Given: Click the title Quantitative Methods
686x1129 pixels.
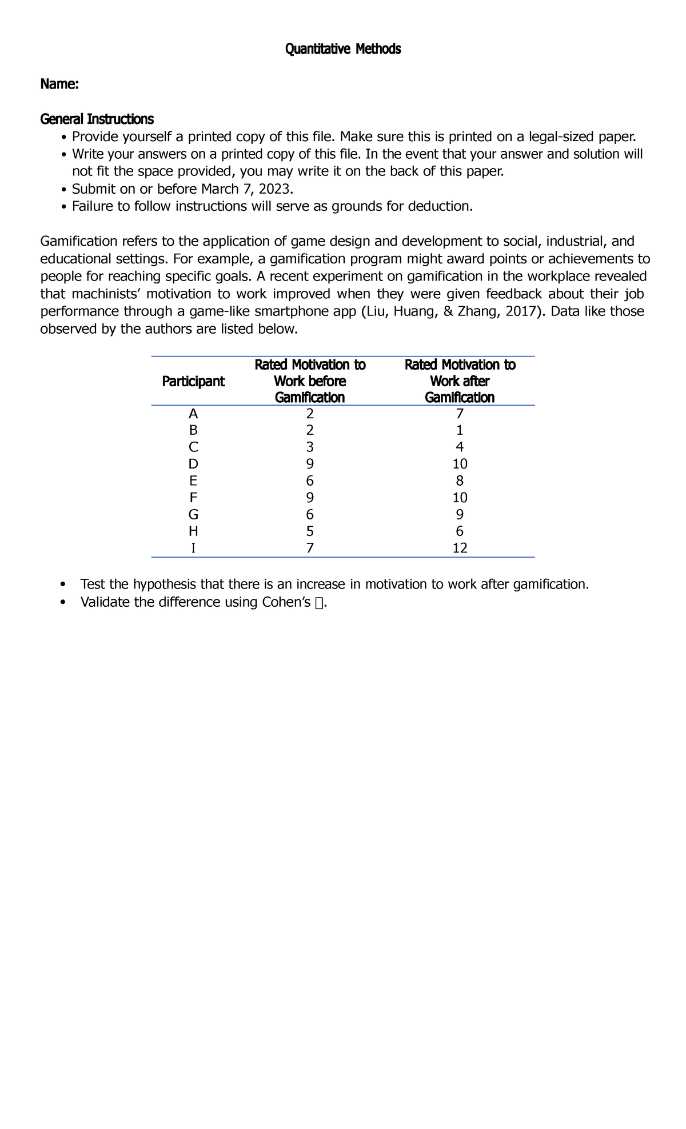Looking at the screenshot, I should click(x=343, y=50).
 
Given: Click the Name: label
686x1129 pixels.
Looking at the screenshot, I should click(x=59, y=85).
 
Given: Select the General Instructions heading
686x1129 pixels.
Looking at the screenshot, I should click(x=97, y=119).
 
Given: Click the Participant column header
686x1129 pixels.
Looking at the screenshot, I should click(x=193, y=382).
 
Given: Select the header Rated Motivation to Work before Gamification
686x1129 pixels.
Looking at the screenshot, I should click(x=309, y=381).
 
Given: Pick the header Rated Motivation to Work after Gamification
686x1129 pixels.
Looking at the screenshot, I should click(x=460, y=381).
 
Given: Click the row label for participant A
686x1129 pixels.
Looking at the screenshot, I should click(x=193, y=414).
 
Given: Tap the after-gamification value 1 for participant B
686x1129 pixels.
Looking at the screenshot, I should click(x=460, y=430).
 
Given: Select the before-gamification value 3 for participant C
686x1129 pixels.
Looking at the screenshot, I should click(x=310, y=447).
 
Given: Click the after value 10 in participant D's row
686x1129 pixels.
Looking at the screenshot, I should click(x=460, y=464).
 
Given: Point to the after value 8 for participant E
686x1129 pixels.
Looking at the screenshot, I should click(x=460, y=481).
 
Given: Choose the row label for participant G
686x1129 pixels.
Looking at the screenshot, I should click(x=193, y=514).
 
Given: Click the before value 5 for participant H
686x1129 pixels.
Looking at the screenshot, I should click(x=310, y=531).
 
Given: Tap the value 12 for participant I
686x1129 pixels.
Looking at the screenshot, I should click(x=460, y=549).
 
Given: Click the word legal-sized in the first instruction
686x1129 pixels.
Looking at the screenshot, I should click(x=560, y=137).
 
